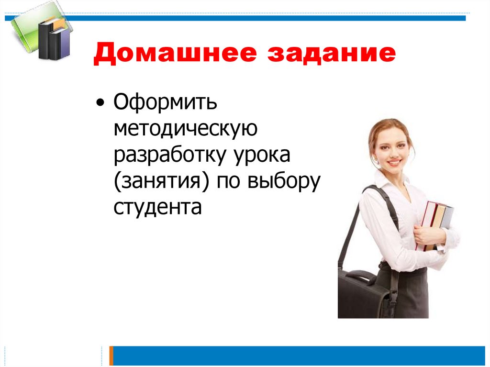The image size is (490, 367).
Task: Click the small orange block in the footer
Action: pos(111,356)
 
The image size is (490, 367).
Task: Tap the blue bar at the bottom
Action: pos(297,356)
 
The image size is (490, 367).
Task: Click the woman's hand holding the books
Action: pos(424,234)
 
